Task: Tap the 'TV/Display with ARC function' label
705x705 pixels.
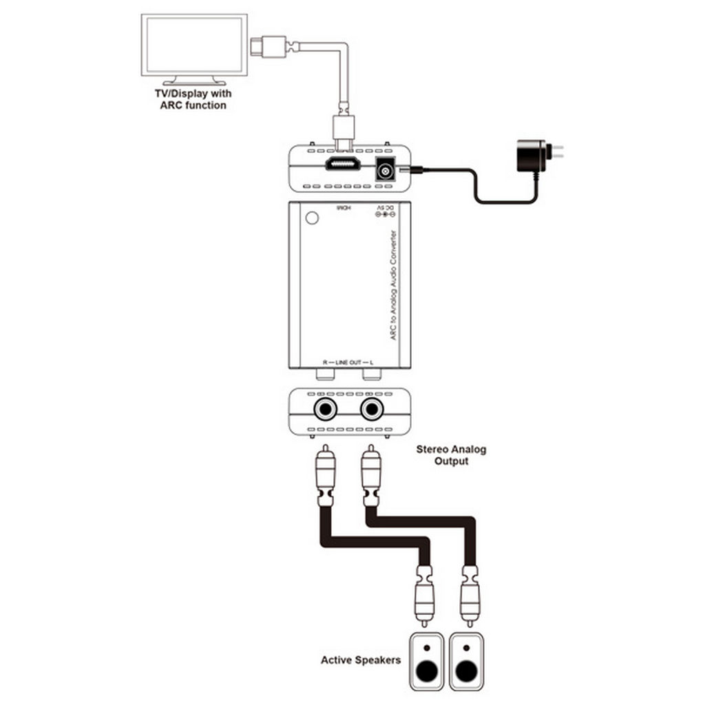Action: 193,99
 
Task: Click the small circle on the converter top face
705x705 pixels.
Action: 312,218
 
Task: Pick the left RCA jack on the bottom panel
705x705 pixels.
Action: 325,410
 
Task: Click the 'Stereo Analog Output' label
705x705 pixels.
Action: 451,455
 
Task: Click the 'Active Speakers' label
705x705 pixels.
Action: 360,660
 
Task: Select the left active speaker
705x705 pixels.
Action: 428,660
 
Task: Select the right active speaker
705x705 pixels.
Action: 467,660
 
